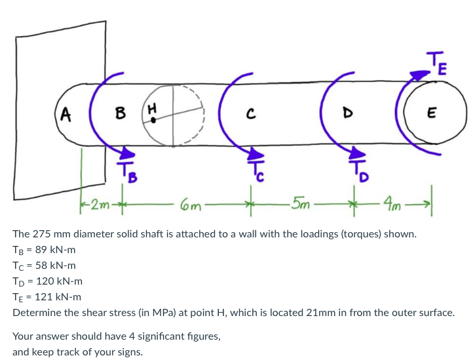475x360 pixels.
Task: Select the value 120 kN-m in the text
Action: coord(56,281)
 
